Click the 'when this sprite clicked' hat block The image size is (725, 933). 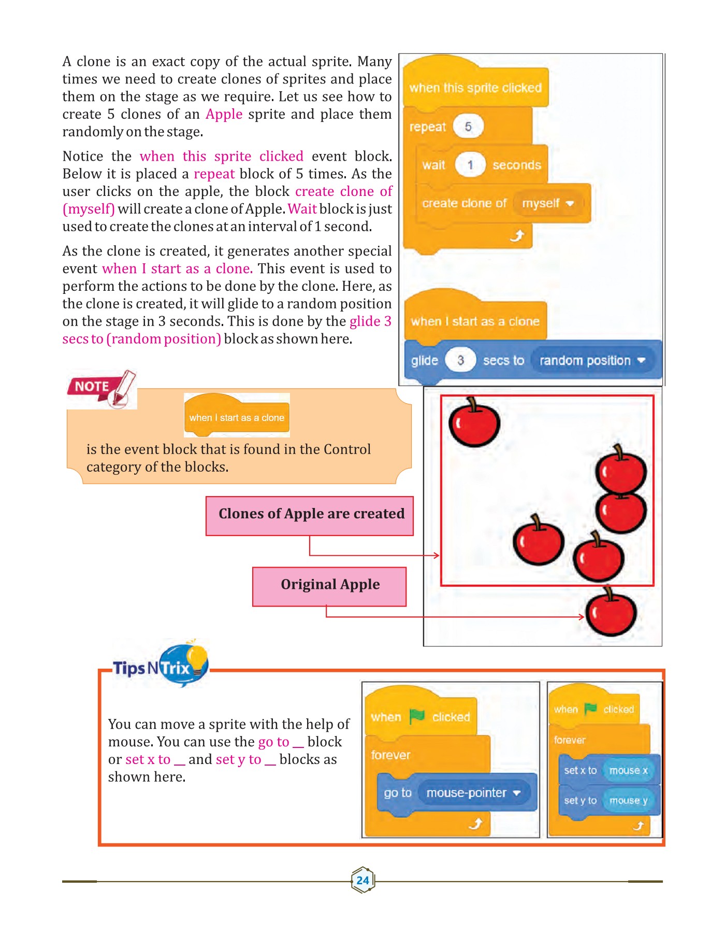pos(475,88)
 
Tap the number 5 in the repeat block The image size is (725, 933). pos(468,126)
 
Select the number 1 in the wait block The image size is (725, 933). pos(470,165)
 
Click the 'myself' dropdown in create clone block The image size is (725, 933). pos(548,203)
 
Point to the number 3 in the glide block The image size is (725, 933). pos(460,360)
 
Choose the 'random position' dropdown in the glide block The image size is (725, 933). pos(592,360)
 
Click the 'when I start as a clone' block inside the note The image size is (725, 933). pos(237,417)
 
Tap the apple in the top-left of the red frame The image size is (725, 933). pos(474,422)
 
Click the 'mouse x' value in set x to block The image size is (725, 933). pos(628,770)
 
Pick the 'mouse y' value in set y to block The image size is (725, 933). pos(628,800)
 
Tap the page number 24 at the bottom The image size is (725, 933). pos(363,880)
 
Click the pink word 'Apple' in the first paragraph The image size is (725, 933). pos(224,114)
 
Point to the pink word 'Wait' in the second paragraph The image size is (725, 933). pos(302,209)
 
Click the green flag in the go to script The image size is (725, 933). pos(417,716)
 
